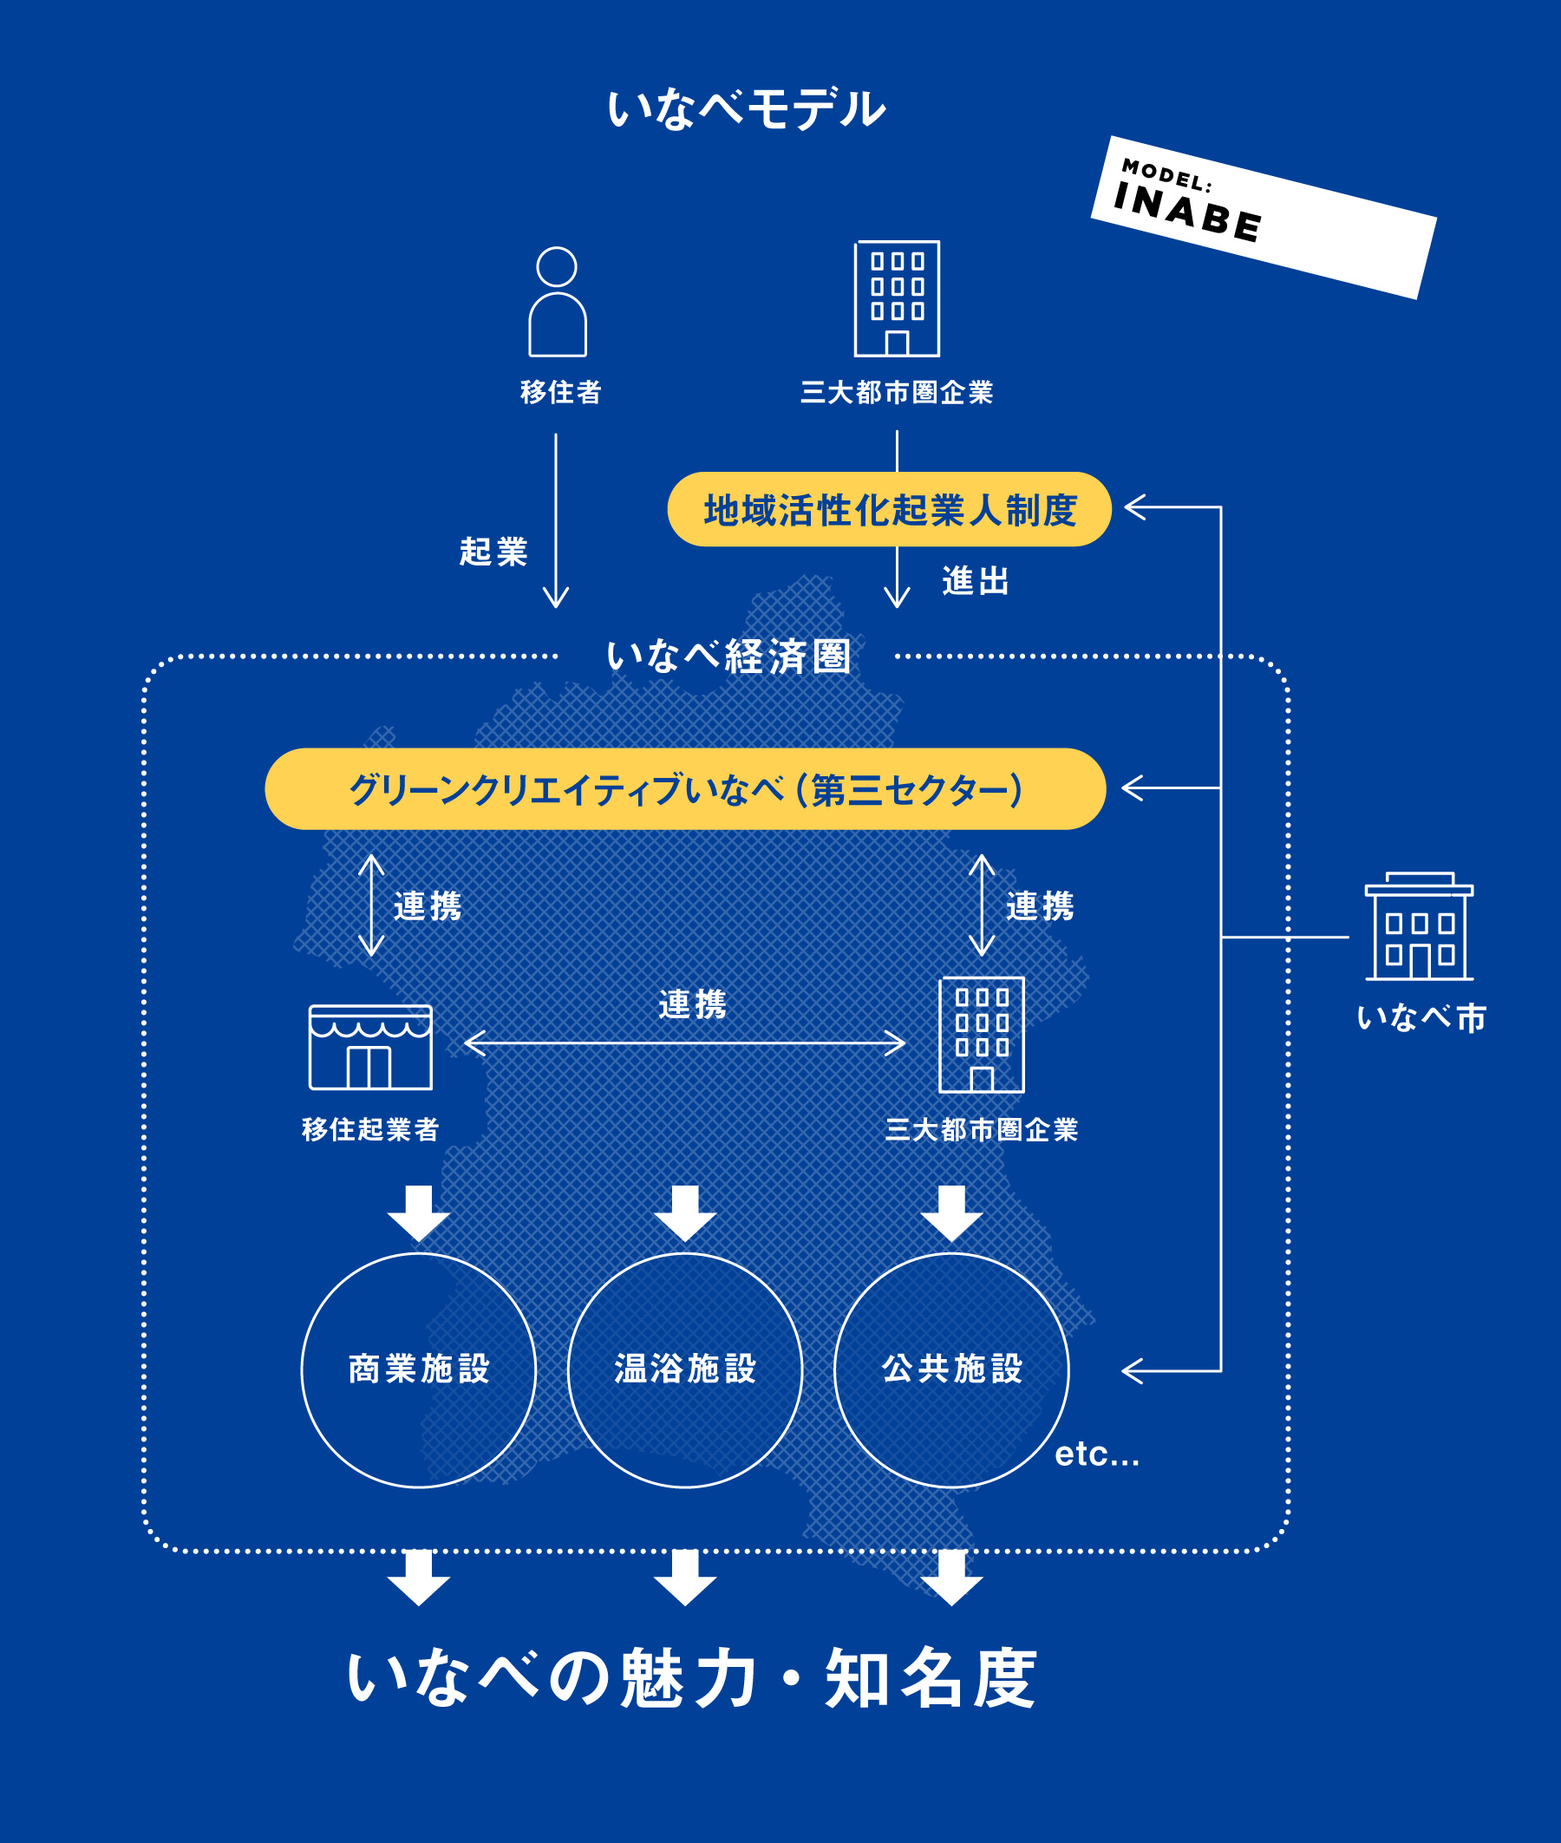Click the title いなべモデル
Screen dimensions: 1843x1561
pyautogui.click(x=746, y=108)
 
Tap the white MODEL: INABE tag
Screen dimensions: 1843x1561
pyautogui.click(x=1263, y=217)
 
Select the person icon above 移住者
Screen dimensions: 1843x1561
pyautogui.click(x=558, y=302)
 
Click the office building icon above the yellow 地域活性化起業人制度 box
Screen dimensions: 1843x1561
pyautogui.click(x=897, y=299)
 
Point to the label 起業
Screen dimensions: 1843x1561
pyautogui.click(x=493, y=552)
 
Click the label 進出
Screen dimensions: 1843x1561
pyautogui.click(x=975, y=581)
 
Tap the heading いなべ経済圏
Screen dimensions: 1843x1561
pyautogui.click(x=728, y=656)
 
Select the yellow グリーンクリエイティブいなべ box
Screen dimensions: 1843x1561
pyautogui.click(x=685, y=788)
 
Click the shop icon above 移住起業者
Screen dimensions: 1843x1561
pyautogui.click(x=371, y=1047)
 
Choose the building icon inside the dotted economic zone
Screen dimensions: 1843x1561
pyautogui.click(x=982, y=1035)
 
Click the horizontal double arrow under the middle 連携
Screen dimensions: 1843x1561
pyautogui.click(x=685, y=1043)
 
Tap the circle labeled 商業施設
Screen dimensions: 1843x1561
pyautogui.click(x=419, y=1369)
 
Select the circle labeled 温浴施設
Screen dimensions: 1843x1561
pyautogui.click(x=685, y=1369)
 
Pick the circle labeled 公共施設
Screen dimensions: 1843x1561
pyautogui.click(x=951, y=1369)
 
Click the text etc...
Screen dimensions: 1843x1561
pyautogui.click(x=1096, y=1454)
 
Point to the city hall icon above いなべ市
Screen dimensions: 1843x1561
pyautogui.click(x=1419, y=926)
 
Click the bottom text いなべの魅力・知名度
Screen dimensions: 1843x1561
pyautogui.click(x=691, y=1677)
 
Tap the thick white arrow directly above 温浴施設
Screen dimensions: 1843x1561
pyautogui.click(x=685, y=1213)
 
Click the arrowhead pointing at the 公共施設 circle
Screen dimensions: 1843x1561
pyautogui.click(x=1133, y=1370)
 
